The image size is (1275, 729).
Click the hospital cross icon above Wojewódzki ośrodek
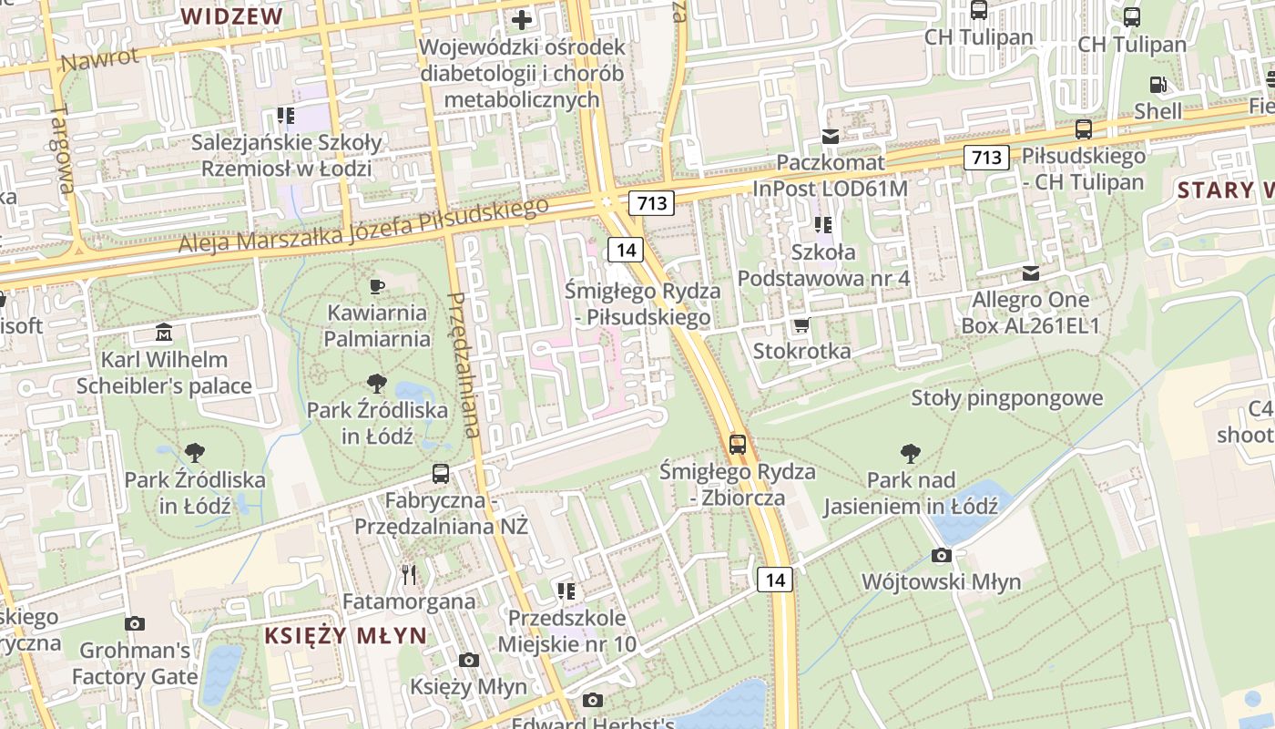(x=521, y=19)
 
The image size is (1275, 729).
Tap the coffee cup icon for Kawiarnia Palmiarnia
(x=377, y=287)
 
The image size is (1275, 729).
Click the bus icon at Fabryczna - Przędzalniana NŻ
(x=441, y=474)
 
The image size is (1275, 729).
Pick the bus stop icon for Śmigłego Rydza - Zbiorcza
(x=738, y=445)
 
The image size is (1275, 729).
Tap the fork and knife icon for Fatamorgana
(x=409, y=574)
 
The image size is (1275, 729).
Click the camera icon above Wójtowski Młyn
(x=942, y=555)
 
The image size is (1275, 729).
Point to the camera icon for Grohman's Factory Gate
(x=135, y=623)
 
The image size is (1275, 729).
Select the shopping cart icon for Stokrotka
(x=801, y=325)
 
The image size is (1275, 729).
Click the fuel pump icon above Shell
(x=1158, y=85)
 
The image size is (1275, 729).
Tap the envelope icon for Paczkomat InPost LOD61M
(x=831, y=137)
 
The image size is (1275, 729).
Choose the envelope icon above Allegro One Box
(x=1031, y=273)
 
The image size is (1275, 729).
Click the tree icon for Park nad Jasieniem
(x=910, y=453)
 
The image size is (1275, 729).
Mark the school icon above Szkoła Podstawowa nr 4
(x=823, y=224)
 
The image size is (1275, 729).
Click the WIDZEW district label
(x=231, y=16)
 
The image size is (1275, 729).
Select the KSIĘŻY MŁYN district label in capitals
(x=345, y=635)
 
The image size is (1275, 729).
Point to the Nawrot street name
(x=101, y=59)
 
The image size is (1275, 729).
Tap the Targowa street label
(x=62, y=149)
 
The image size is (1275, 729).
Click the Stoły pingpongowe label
(x=1007, y=398)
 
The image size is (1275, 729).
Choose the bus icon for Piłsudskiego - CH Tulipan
(x=1084, y=129)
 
